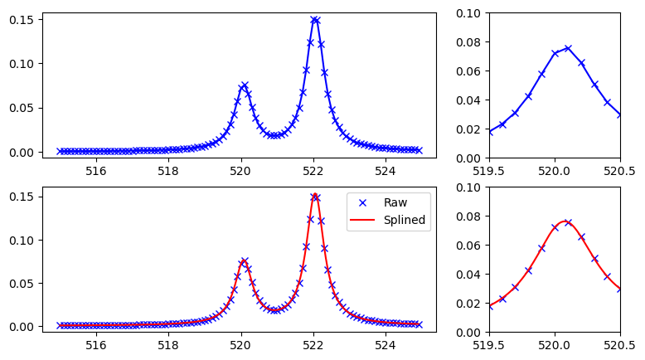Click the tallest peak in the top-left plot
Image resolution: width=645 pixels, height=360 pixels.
[314, 18]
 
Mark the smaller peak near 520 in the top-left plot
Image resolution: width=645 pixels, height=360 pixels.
[245, 85]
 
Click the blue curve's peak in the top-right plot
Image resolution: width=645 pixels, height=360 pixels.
[568, 48]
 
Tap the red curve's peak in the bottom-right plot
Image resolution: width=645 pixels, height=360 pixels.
[564, 221]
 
